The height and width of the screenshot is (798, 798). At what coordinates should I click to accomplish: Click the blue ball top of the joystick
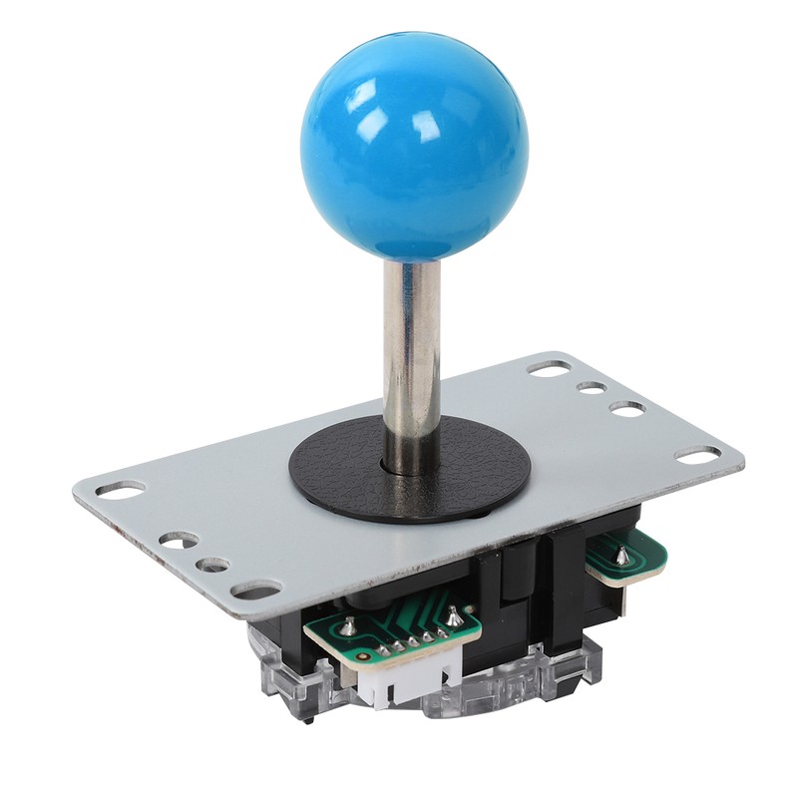tap(414, 150)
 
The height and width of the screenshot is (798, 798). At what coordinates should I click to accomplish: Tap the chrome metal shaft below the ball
tap(410, 359)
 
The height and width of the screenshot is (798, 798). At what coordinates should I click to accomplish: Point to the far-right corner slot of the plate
tap(697, 454)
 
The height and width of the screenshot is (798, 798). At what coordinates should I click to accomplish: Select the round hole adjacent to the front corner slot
tap(212, 565)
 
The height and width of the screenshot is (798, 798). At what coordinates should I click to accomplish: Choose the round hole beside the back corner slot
tap(592, 387)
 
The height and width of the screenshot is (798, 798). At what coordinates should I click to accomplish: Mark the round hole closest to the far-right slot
tap(626, 408)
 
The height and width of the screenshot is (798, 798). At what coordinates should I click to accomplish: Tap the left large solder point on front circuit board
tap(350, 626)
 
